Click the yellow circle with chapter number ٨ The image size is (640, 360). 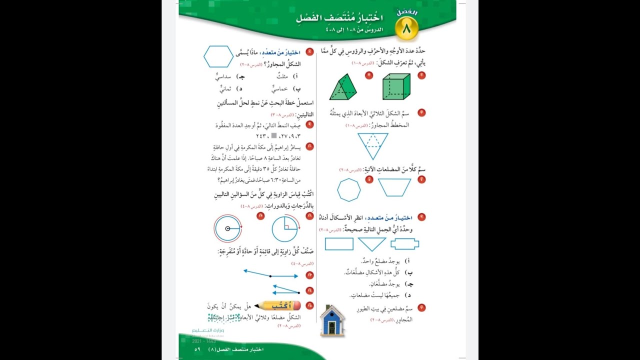(406, 29)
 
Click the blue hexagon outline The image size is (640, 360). (218, 56)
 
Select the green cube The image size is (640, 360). (396, 86)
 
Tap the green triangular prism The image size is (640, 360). (344, 87)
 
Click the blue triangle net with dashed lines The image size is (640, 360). (372, 145)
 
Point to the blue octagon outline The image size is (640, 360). (348, 190)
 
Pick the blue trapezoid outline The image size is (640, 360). (394, 187)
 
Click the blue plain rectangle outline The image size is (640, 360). (339, 244)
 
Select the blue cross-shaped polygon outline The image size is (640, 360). (404, 244)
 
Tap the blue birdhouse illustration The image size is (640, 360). (332, 320)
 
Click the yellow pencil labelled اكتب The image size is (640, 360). (277, 305)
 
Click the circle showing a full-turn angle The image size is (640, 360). (227, 228)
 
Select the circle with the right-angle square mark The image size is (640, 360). (285, 228)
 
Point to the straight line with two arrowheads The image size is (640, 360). (270, 275)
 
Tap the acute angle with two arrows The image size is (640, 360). (286, 289)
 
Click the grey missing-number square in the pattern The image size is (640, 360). (273, 136)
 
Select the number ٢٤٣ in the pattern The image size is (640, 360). (262, 136)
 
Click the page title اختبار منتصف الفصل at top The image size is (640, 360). (339, 18)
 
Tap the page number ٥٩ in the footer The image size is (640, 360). (197, 349)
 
